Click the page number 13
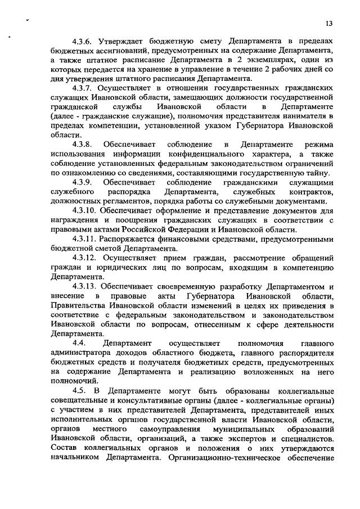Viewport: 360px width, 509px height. (x=330, y=23)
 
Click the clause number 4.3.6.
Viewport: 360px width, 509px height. (x=84, y=43)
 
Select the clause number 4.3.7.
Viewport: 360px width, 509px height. (x=84, y=89)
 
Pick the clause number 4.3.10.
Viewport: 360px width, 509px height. (x=86, y=210)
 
